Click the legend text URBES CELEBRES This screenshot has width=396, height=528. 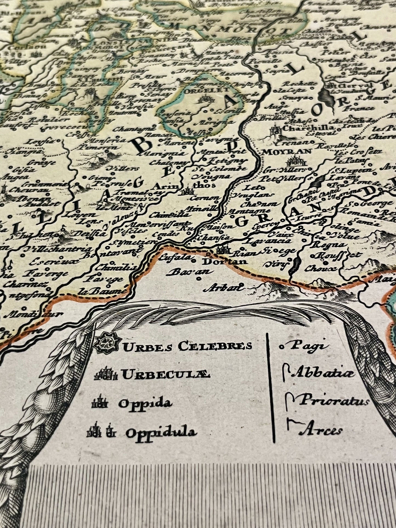187,346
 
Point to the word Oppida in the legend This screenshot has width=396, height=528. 145,403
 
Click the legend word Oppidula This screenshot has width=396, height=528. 161,433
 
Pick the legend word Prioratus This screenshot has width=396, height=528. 333,401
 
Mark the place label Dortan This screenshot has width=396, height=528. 224,262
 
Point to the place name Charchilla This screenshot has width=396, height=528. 309,128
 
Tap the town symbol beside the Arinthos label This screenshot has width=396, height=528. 188,192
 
